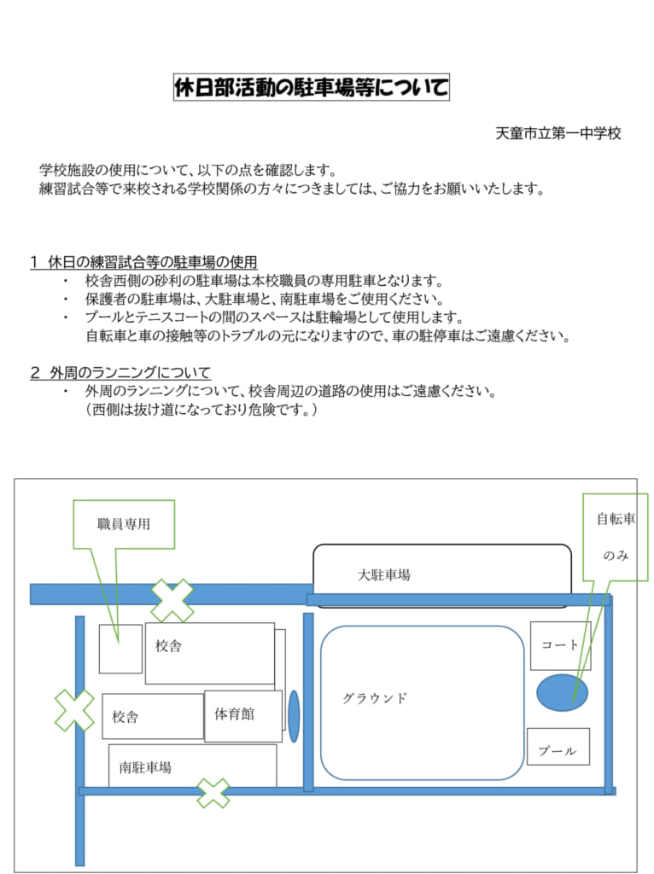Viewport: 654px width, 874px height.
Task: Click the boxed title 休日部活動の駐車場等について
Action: pyautogui.click(x=311, y=87)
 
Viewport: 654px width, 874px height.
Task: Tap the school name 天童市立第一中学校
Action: pyautogui.click(x=558, y=133)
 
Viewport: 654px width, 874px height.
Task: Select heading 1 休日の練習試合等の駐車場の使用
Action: pyautogui.click(x=143, y=261)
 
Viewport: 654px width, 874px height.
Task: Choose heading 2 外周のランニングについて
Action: pyautogui.click(x=120, y=372)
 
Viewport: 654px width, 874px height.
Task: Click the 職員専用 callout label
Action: pyautogui.click(x=124, y=524)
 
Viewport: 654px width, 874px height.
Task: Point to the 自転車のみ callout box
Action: pyautogui.click(x=616, y=537)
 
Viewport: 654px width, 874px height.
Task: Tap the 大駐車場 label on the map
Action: pyautogui.click(x=383, y=574)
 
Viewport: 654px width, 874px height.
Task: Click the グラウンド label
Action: pyautogui.click(x=375, y=698)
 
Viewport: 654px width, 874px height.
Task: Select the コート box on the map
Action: pyautogui.click(x=560, y=645)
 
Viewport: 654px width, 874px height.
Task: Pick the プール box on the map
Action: pyautogui.click(x=558, y=746)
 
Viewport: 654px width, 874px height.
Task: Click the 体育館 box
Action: pyautogui.click(x=243, y=716)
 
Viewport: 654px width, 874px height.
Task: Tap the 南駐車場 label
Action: pyautogui.click(x=145, y=767)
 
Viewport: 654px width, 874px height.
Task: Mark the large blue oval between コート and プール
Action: pyautogui.click(x=562, y=692)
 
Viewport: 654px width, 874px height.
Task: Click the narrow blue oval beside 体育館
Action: pyautogui.click(x=294, y=716)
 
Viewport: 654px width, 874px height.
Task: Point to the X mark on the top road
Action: pyautogui.click(x=172, y=600)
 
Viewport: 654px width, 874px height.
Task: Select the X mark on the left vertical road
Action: pyautogui.click(x=75, y=710)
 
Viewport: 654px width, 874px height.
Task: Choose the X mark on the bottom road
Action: pyautogui.click(x=213, y=793)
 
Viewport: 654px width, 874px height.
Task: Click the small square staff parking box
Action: pyautogui.click(x=120, y=649)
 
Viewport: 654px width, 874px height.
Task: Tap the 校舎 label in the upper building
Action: pyautogui.click(x=168, y=646)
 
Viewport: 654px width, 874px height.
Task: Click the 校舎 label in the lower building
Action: pyautogui.click(x=125, y=716)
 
